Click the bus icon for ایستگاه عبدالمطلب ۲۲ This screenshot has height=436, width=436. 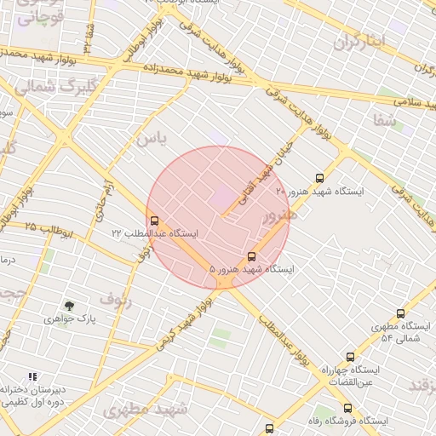click(154, 220)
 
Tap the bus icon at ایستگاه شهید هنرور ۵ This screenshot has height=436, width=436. click(251, 255)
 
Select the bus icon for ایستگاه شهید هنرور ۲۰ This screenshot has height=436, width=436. click(319, 178)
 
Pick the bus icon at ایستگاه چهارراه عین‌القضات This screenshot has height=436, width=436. click(350, 357)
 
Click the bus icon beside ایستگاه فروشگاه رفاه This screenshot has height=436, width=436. click(270, 428)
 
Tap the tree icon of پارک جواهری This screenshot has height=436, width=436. click(69, 306)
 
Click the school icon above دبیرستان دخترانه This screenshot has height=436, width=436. click(32, 376)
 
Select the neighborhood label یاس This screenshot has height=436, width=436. click(150, 137)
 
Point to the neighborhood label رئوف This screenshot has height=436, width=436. click(116, 298)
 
